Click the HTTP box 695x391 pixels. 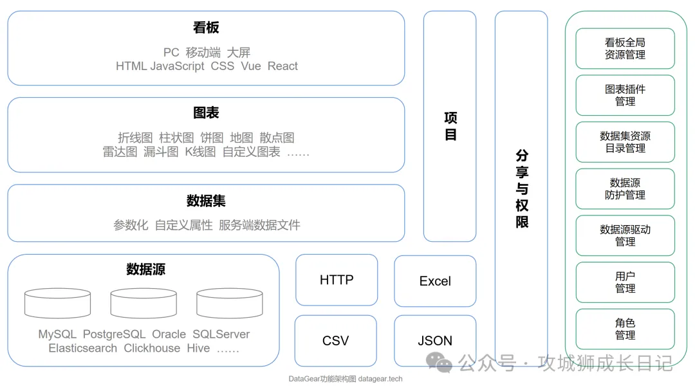pyautogui.click(x=337, y=280)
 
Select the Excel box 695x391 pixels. pyautogui.click(x=435, y=281)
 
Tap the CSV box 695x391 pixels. pyautogui.click(x=335, y=341)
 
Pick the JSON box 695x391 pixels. pyautogui.click(x=435, y=341)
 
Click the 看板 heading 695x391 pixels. pyautogui.click(x=206, y=28)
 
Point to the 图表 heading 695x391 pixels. pyautogui.click(x=206, y=113)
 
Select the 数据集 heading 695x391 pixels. pyautogui.click(x=206, y=201)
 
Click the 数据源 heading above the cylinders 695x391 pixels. pyautogui.click(x=145, y=269)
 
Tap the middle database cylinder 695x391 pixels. pyautogui.click(x=144, y=303)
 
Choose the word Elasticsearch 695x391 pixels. pyautogui.click(x=83, y=349)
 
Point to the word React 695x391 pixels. pyautogui.click(x=283, y=66)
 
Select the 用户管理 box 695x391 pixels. pyautogui.click(x=625, y=282)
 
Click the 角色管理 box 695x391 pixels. pyautogui.click(x=625, y=329)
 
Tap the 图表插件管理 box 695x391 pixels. pyautogui.click(x=625, y=95)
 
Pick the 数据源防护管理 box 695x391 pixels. pyautogui.click(x=625, y=189)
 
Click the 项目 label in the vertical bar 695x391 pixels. pyautogui.click(x=450, y=126)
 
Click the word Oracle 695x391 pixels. pyautogui.click(x=169, y=334)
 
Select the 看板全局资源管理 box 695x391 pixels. pyautogui.click(x=625, y=48)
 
